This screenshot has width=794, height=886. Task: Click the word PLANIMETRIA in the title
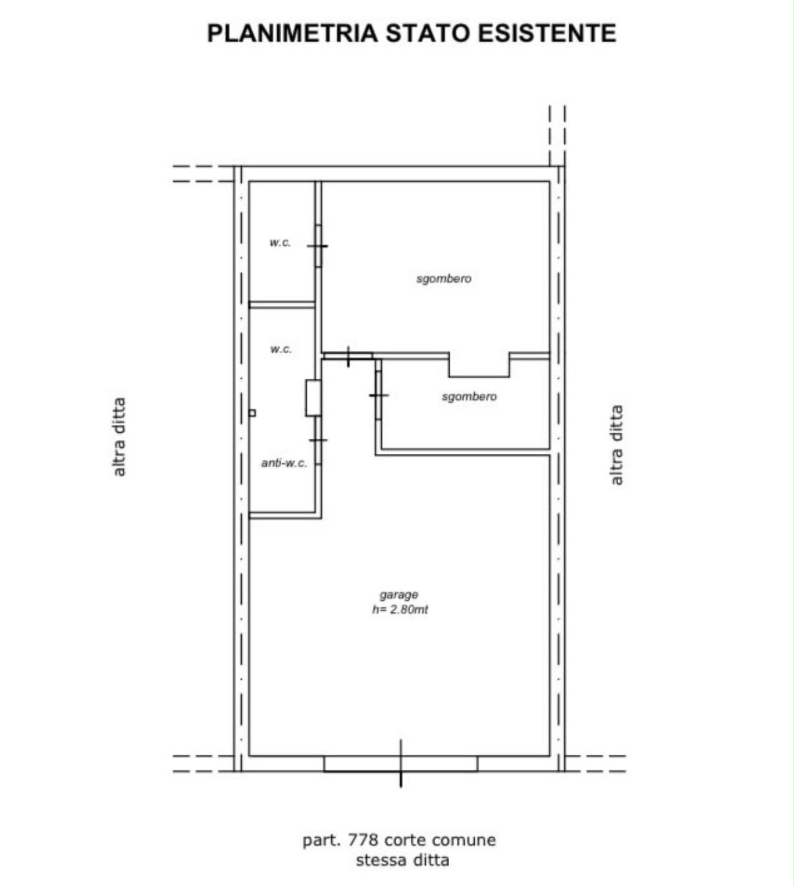point(292,33)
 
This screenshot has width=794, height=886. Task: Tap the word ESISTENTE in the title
point(547,33)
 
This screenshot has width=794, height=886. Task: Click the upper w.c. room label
point(280,242)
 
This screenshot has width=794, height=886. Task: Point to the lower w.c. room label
point(281,349)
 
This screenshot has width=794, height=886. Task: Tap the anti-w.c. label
point(284,463)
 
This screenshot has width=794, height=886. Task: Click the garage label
point(399,595)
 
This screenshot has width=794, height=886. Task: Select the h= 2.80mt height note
point(400,609)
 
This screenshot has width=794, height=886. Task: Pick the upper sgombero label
point(444,279)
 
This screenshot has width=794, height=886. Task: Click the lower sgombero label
point(469,397)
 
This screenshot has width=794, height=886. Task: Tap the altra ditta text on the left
point(119,437)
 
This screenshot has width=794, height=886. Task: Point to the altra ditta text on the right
point(616,445)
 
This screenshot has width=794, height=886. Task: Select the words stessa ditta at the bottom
point(403,860)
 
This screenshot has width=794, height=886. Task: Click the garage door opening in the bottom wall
point(401,763)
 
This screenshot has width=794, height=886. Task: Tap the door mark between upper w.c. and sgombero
point(318,246)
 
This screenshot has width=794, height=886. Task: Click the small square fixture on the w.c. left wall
point(252,413)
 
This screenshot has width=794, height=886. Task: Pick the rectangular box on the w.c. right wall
point(313,398)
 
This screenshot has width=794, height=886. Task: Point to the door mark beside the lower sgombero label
point(379,395)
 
